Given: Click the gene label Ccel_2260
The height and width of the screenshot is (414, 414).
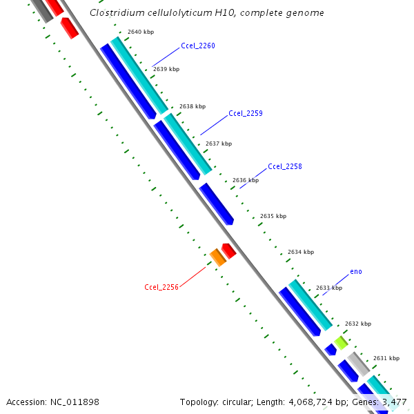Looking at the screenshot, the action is pos(198,46).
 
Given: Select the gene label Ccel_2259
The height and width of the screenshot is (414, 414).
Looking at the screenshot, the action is pos(246,113).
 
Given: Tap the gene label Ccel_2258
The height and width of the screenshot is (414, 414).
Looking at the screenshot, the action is pos(285,166).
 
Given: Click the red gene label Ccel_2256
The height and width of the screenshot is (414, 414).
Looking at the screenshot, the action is pos(161,287).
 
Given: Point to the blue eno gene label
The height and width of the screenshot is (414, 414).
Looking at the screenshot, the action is pos(356,271).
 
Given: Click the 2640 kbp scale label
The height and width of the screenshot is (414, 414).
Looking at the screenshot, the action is pos(141,32).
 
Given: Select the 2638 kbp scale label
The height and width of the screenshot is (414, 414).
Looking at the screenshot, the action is pos(193,106).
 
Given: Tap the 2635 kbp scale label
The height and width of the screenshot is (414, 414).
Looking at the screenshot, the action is pos(273,216).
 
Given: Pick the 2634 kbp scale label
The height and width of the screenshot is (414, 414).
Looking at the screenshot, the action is pos(300,252).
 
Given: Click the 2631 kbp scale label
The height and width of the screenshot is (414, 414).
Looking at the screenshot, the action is pos(386,358).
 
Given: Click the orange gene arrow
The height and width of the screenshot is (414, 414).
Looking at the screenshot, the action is pos(217,257).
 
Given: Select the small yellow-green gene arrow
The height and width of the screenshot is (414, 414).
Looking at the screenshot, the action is pos(341,342).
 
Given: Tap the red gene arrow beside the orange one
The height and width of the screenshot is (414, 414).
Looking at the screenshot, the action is pos(228,250).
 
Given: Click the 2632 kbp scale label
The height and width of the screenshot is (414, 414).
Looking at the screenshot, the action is pos(358,324).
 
